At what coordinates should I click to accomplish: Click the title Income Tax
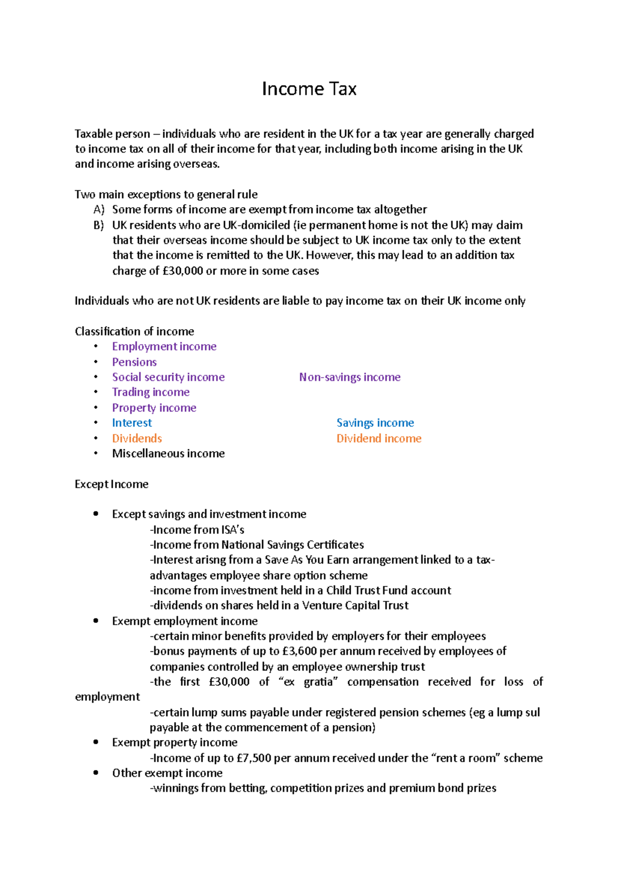(309, 89)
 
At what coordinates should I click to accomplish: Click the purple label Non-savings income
(350, 377)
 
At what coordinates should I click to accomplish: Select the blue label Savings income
(375, 423)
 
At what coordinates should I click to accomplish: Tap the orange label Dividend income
(379, 439)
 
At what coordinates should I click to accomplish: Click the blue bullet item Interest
(132, 423)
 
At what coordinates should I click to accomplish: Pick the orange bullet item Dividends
(137, 439)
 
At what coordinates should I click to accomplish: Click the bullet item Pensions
(134, 362)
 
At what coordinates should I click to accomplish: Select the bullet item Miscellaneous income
(168, 453)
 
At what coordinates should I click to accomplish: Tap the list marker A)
(99, 210)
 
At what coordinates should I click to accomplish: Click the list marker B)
(99, 225)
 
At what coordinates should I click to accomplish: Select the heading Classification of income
(134, 331)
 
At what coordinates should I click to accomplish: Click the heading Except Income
(111, 484)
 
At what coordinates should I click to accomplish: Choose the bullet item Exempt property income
(175, 743)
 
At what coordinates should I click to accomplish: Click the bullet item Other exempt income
(167, 773)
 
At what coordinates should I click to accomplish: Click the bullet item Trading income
(151, 392)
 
